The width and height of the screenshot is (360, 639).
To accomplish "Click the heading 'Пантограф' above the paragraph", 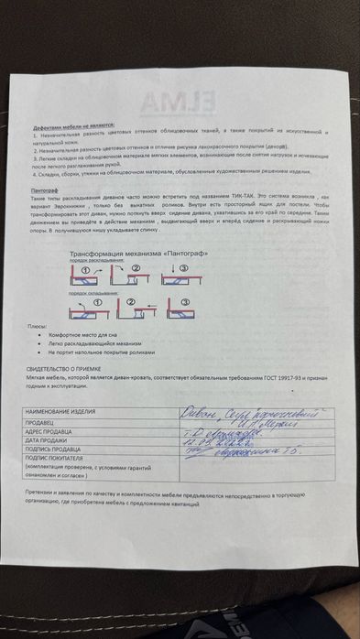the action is click(x=45, y=189).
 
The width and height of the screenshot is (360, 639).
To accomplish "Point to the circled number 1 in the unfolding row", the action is click(x=84, y=270).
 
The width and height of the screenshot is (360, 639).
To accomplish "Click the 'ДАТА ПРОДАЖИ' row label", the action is click(x=53, y=441).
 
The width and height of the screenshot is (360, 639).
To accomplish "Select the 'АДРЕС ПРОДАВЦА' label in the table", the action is click(x=57, y=433).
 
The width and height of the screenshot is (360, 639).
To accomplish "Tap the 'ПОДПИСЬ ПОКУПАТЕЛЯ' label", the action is click(x=61, y=459).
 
